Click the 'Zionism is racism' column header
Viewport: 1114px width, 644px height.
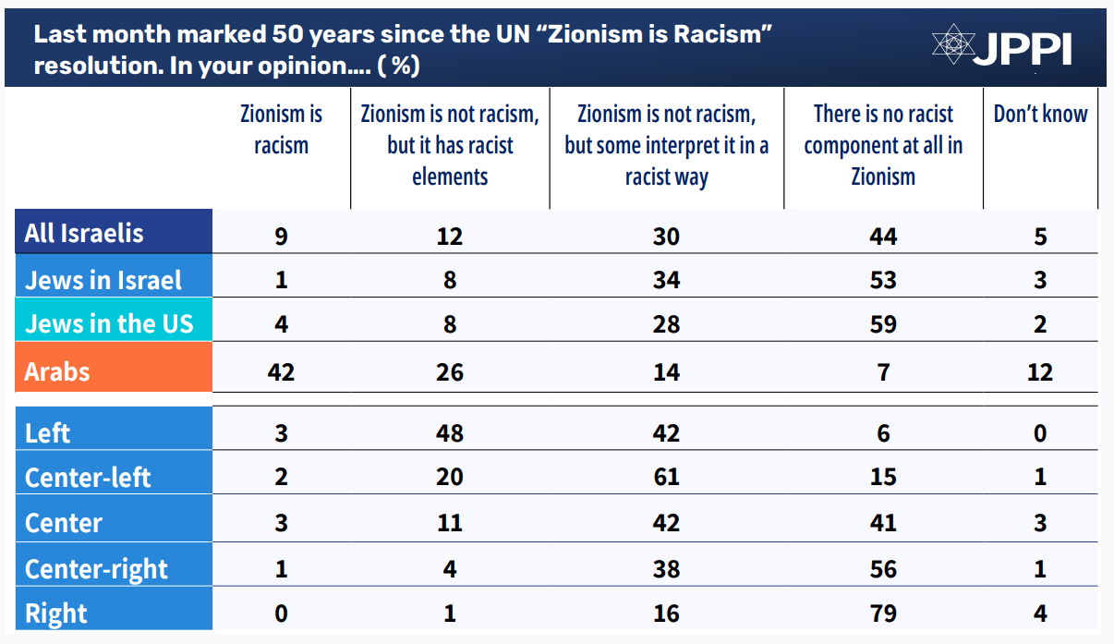tap(281, 129)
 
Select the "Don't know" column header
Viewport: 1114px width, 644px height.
tap(1040, 114)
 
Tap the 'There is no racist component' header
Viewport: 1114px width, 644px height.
tap(883, 145)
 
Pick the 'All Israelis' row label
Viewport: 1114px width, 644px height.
tap(84, 232)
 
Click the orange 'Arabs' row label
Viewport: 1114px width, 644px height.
tap(57, 371)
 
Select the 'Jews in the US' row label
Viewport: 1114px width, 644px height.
tap(109, 324)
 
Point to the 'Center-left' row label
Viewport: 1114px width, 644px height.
tap(88, 478)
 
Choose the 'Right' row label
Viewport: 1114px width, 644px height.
tap(55, 614)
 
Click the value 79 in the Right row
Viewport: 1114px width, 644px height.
tap(883, 614)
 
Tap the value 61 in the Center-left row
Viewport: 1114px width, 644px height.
tap(666, 478)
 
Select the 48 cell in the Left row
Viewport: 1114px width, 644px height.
tap(450, 433)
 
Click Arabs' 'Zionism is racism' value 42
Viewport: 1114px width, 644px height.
tap(281, 371)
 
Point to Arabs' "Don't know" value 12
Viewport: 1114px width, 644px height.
tap(1040, 371)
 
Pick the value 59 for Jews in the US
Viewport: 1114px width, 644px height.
tap(883, 324)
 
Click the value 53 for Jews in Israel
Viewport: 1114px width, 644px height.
tap(883, 280)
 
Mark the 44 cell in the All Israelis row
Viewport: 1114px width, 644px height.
tap(883, 237)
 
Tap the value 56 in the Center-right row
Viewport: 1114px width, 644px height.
tap(883, 568)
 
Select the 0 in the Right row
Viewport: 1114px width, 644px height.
tap(281, 614)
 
